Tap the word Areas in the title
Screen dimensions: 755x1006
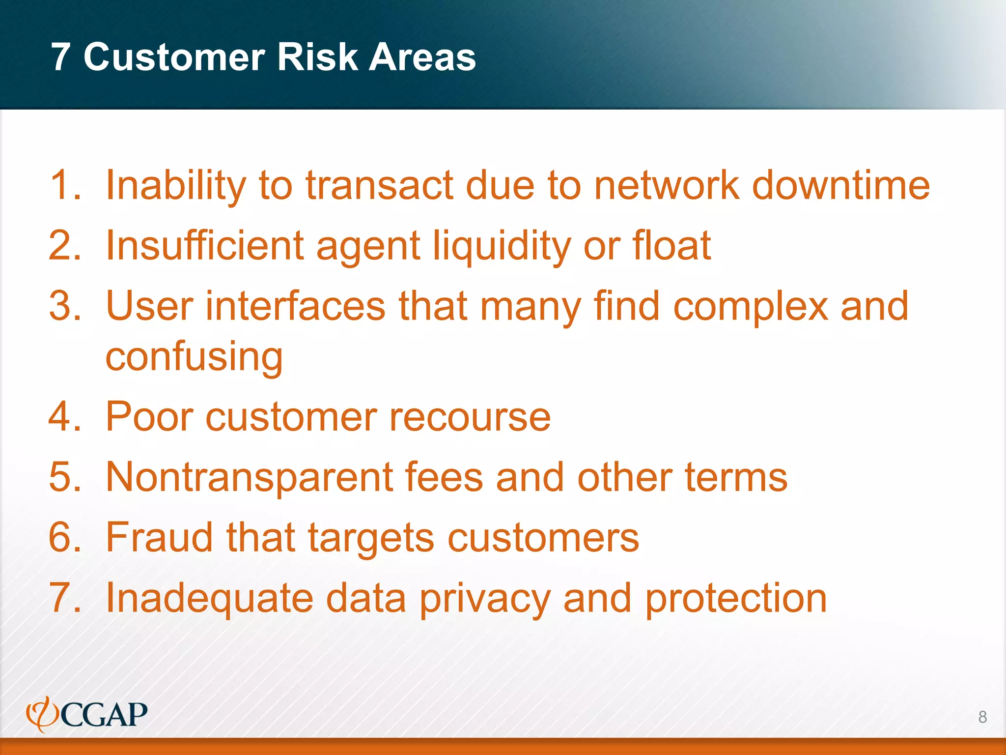coord(422,57)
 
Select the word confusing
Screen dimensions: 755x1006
coord(194,357)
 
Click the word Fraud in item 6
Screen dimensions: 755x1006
coord(160,537)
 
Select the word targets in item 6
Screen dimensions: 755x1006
coord(371,538)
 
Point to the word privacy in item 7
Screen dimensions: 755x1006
coord(485,599)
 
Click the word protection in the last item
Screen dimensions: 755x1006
coord(736,598)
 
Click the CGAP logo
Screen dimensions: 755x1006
coord(87,714)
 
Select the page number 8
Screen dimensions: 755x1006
coord(982,717)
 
